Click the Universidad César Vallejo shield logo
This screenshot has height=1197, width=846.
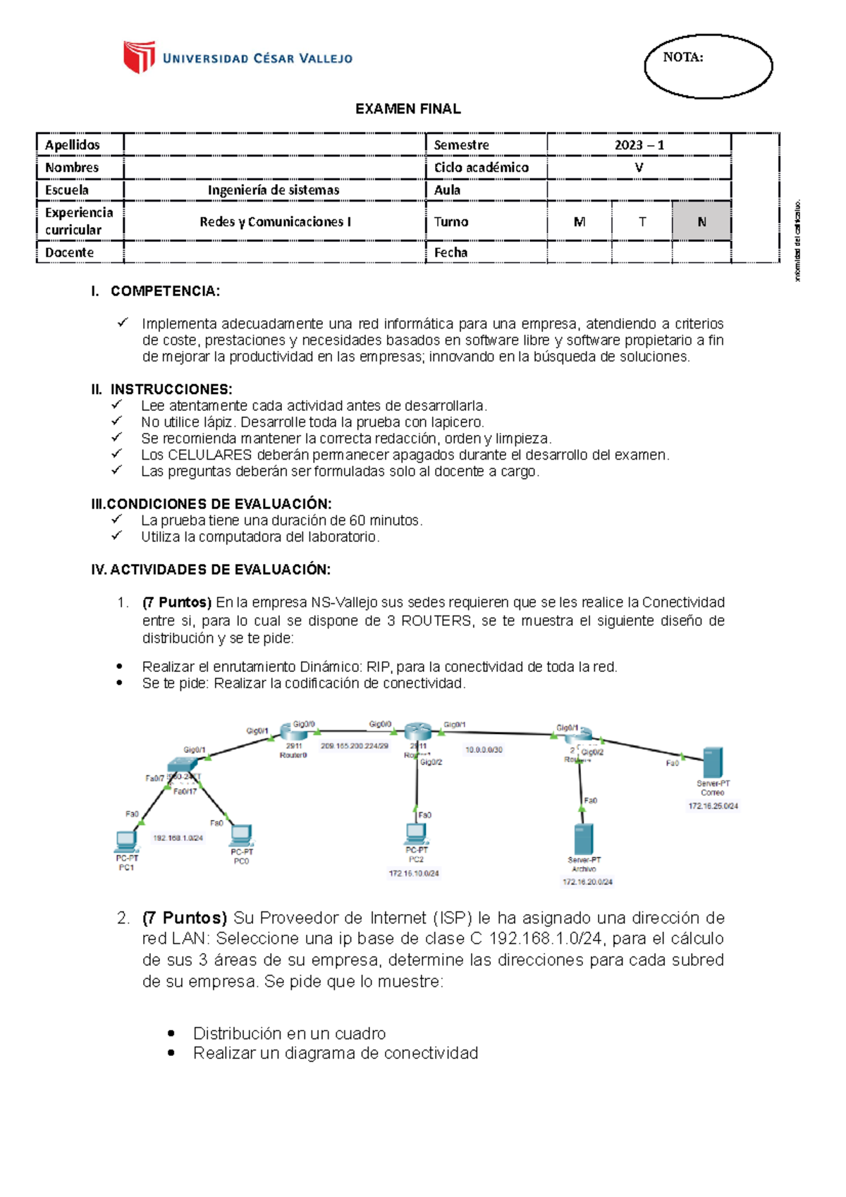point(139,57)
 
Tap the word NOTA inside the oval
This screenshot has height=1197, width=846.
point(682,58)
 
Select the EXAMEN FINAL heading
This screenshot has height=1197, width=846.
point(407,109)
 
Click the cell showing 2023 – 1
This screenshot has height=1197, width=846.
point(639,145)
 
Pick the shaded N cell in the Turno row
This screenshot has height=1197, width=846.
point(701,221)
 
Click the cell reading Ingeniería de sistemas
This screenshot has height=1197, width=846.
point(274,190)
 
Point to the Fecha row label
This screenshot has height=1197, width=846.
point(451,252)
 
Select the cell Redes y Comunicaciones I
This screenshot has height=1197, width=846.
point(275,221)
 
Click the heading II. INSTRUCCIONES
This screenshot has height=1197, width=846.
point(161,389)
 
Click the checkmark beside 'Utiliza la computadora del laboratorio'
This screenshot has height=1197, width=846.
point(117,536)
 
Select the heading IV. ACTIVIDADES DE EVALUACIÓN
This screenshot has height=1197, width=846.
point(211,570)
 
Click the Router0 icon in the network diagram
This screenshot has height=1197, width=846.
point(293,732)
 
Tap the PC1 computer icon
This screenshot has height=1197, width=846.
point(127,841)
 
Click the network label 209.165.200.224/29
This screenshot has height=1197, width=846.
point(355,746)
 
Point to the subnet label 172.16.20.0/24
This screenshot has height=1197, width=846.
point(587,882)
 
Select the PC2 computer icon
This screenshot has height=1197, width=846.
point(416,834)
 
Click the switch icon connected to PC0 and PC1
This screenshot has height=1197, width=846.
point(183,768)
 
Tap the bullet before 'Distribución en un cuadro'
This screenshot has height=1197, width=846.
point(171,1033)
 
